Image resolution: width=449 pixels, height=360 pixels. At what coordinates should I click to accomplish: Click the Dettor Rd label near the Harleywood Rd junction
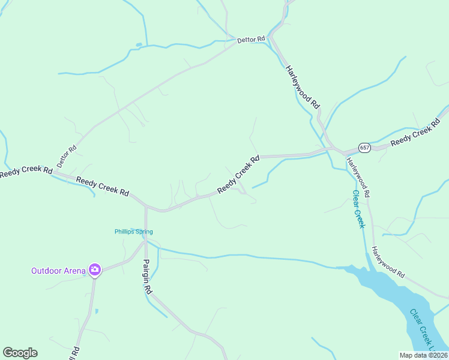(x=251, y=40)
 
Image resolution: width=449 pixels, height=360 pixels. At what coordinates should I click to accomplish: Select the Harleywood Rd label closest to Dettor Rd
(x=303, y=87)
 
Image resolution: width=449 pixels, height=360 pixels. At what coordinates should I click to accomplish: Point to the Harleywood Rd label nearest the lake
(x=387, y=262)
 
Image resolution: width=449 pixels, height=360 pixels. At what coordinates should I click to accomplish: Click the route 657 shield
(x=364, y=147)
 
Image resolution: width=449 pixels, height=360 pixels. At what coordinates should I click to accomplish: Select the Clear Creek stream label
(x=358, y=209)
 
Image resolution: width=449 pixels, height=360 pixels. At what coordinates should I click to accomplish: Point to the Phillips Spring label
(x=134, y=232)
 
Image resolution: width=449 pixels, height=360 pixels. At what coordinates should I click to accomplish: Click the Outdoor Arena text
(x=59, y=270)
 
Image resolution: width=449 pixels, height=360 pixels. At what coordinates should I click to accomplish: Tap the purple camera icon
(x=94, y=270)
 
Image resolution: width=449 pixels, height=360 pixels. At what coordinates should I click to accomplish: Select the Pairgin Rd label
(x=148, y=275)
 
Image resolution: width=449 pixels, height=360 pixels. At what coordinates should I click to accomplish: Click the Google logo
(x=20, y=353)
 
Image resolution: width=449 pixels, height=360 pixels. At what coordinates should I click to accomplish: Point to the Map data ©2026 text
(x=424, y=355)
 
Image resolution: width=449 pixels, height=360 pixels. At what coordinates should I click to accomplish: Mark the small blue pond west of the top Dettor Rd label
(x=139, y=44)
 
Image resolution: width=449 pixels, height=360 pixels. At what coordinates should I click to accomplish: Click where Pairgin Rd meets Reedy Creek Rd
(x=146, y=206)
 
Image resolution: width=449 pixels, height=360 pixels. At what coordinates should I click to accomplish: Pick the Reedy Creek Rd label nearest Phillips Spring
(x=103, y=185)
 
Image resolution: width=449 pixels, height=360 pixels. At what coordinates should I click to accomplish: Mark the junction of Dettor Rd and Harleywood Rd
(x=270, y=38)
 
